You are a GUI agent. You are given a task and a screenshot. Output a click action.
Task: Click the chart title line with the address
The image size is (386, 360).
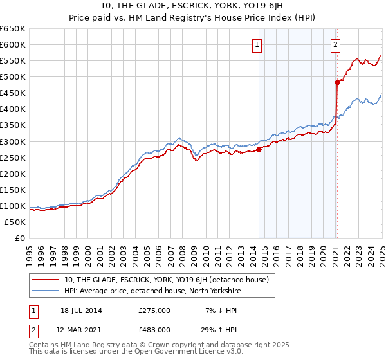click(193, 6)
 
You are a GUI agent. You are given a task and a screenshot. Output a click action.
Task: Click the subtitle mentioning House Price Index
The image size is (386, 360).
click(193, 19)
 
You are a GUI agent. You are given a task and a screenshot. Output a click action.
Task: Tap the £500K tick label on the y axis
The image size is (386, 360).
click(12, 76)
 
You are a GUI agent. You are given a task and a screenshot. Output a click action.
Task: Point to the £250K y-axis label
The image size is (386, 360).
click(12, 157)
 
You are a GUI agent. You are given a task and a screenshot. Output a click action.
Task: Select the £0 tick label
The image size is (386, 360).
click(19, 238)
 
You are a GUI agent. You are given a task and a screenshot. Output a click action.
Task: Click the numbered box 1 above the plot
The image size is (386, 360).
click(257, 44)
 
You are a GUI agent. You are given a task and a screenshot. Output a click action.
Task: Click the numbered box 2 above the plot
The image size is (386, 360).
click(336, 44)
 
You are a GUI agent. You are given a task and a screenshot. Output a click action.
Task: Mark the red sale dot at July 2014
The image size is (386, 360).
click(259, 149)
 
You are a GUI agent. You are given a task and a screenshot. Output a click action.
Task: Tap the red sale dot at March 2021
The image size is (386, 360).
click(336, 82)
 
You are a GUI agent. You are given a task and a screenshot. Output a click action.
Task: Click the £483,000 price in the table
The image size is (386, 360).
click(154, 329)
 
